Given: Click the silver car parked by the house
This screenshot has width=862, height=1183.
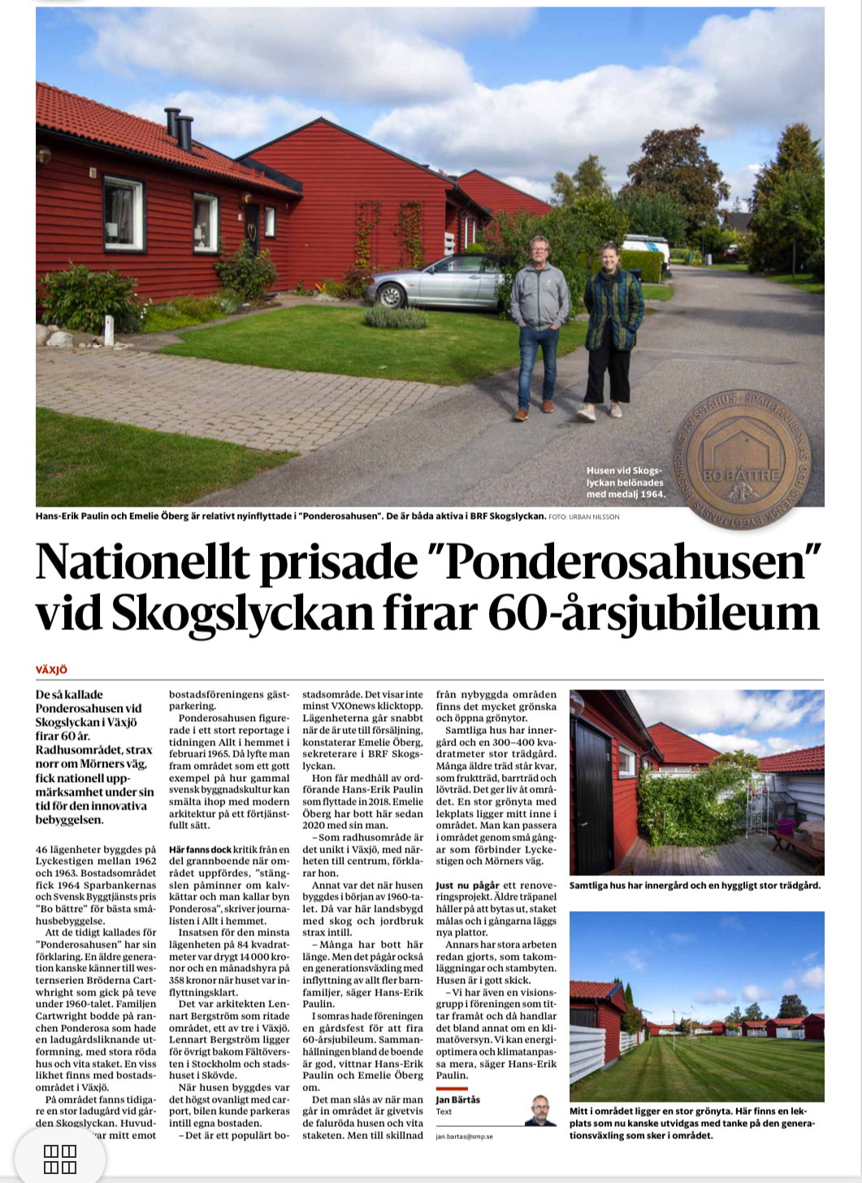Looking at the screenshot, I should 435,283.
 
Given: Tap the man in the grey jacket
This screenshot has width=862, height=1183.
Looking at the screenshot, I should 539,325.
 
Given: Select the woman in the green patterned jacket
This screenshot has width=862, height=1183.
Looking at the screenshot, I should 611,329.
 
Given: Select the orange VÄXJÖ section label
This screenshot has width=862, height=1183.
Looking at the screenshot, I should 51,670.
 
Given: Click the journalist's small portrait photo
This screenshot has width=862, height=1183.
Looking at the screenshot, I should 540,1110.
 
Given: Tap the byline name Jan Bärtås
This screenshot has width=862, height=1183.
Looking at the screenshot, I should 458,1099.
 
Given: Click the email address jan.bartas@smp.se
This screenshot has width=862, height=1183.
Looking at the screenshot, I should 464,1136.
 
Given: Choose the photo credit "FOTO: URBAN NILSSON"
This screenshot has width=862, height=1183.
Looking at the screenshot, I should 584,516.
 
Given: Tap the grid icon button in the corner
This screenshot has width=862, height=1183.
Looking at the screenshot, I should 59,1159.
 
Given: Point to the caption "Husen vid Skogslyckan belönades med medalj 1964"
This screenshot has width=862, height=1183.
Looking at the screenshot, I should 626,482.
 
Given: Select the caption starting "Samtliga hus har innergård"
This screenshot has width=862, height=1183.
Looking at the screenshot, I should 695,885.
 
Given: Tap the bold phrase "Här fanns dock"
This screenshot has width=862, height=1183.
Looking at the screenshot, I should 200,849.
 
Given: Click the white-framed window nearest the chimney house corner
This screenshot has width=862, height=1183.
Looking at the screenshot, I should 123,214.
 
